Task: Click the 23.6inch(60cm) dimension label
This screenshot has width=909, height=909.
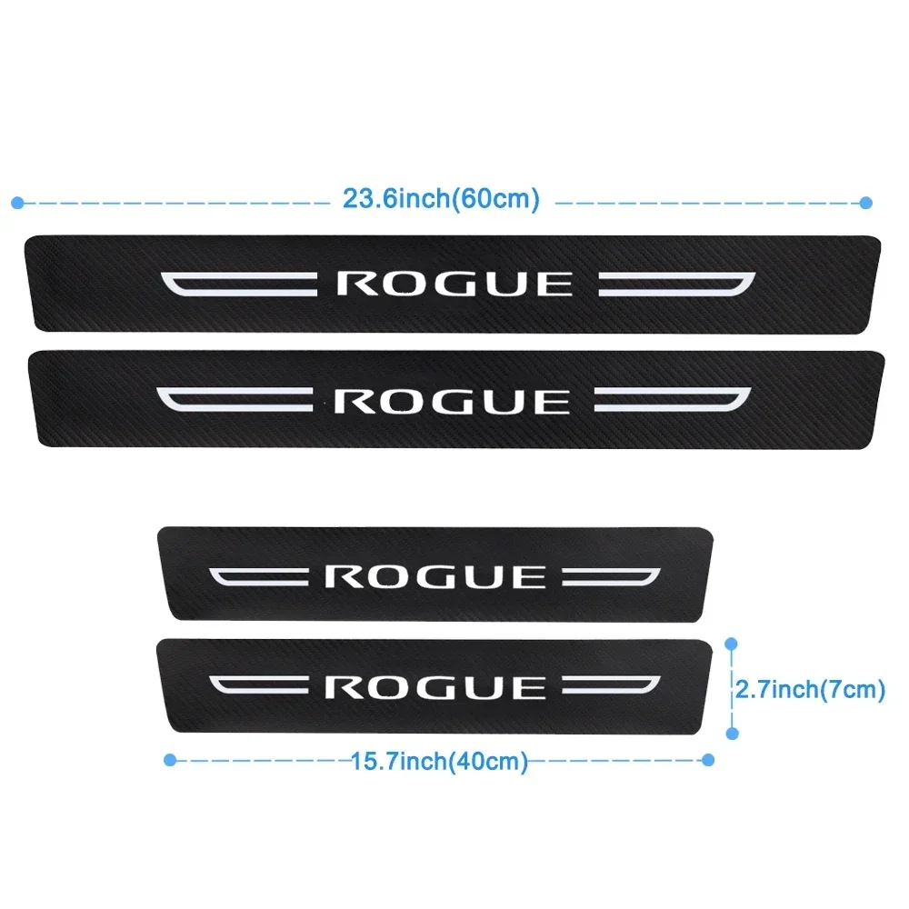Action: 441,199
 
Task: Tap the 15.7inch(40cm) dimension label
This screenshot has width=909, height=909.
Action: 440,761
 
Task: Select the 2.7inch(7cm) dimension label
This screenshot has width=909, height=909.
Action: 811,689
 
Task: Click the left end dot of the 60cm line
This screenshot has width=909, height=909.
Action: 17,203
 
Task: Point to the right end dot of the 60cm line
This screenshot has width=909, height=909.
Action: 866,203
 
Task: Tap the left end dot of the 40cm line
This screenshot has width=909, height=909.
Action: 170,760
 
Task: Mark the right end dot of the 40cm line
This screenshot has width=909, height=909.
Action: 708,760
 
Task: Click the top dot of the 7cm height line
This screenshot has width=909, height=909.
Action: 732,644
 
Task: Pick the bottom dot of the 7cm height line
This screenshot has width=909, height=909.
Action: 732,734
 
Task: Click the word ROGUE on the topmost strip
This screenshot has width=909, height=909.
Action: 455,284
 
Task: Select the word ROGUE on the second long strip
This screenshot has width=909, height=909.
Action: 452,401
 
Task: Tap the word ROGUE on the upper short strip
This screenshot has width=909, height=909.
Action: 435,577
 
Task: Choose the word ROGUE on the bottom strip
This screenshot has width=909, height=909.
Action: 435,687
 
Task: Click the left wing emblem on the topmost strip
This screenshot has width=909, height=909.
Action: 239,284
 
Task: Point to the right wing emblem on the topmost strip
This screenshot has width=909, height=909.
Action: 677,284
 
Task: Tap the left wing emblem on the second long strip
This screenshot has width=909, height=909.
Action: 235,400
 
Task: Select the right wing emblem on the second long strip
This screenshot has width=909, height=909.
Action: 673,400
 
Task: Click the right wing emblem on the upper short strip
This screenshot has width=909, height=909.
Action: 612,577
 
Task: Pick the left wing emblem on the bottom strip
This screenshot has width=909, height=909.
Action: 258,685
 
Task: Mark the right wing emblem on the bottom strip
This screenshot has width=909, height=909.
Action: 612,685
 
